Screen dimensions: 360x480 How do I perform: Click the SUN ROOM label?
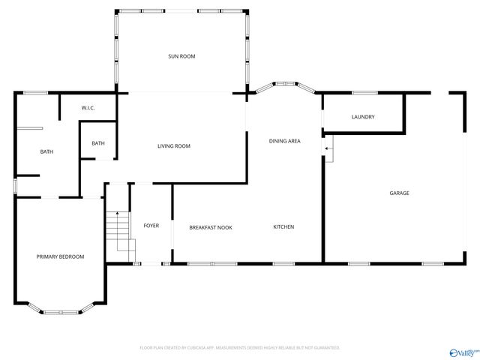(181, 56)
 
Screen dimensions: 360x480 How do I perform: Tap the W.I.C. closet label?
(88, 109)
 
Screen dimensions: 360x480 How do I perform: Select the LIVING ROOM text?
(173, 146)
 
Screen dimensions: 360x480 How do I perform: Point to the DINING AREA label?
(285, 141)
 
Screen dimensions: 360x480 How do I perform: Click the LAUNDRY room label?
(363, 117)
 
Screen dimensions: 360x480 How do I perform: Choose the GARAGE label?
(399, 193)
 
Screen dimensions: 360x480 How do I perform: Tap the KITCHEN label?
(283, 227)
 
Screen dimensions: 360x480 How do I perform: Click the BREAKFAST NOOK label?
(210, 227)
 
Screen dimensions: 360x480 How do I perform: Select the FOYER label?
(151, 226)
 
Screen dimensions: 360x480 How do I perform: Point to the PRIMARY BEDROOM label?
(60, 256)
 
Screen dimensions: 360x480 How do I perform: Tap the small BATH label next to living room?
(98, 143)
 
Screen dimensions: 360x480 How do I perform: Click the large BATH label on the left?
(46, 152)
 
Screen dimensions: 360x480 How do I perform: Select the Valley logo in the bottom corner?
(463, 352)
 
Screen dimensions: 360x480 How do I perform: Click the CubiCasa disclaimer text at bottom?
(240, 348)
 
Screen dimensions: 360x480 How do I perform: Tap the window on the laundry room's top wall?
(364, 93)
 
